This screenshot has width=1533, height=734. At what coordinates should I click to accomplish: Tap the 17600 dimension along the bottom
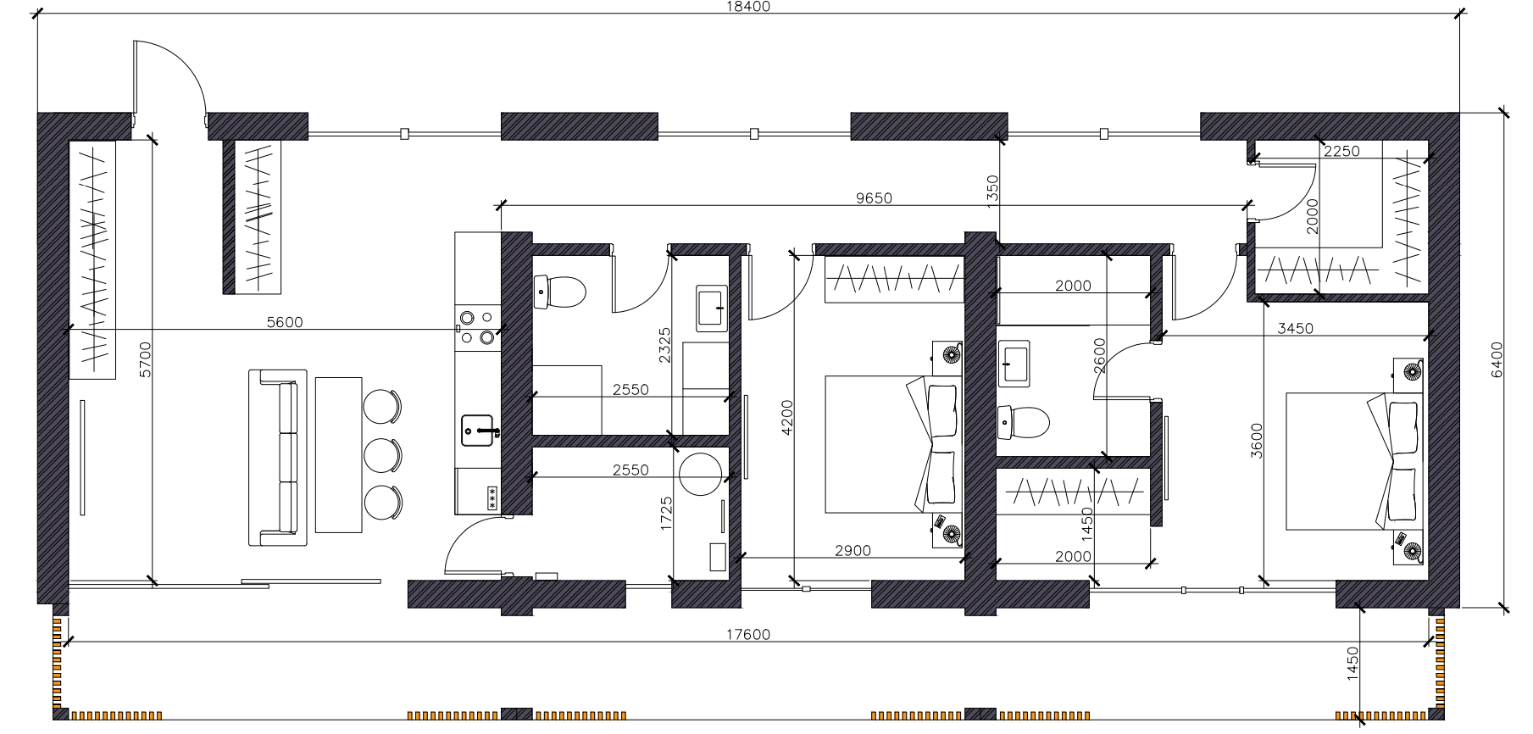click(x=749, y=635)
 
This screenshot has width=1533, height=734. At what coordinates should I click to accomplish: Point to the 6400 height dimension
click(x=1496, y=360)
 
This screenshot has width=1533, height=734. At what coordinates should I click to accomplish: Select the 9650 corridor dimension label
click(x=874, y=198)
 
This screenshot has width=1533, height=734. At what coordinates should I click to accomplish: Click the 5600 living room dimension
click(x=284, y=322)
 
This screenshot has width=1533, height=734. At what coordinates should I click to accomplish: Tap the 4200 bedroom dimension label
click(x=787, y=418)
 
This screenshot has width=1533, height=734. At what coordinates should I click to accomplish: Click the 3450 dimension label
click(x=1295, y=328)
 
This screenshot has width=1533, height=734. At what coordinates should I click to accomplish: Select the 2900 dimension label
click(x=853, y=551)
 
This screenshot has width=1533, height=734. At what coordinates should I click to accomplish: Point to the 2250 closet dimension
click(x=1341, y=151)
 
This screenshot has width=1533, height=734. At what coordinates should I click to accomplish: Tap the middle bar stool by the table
click(x=382, y=455)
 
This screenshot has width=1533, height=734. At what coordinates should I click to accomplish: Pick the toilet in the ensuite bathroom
click(x=1024, y=422)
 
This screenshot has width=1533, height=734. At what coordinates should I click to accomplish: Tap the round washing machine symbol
click(x=700, y=475)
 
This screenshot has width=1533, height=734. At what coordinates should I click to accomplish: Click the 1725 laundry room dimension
click(x=666, y=513)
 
